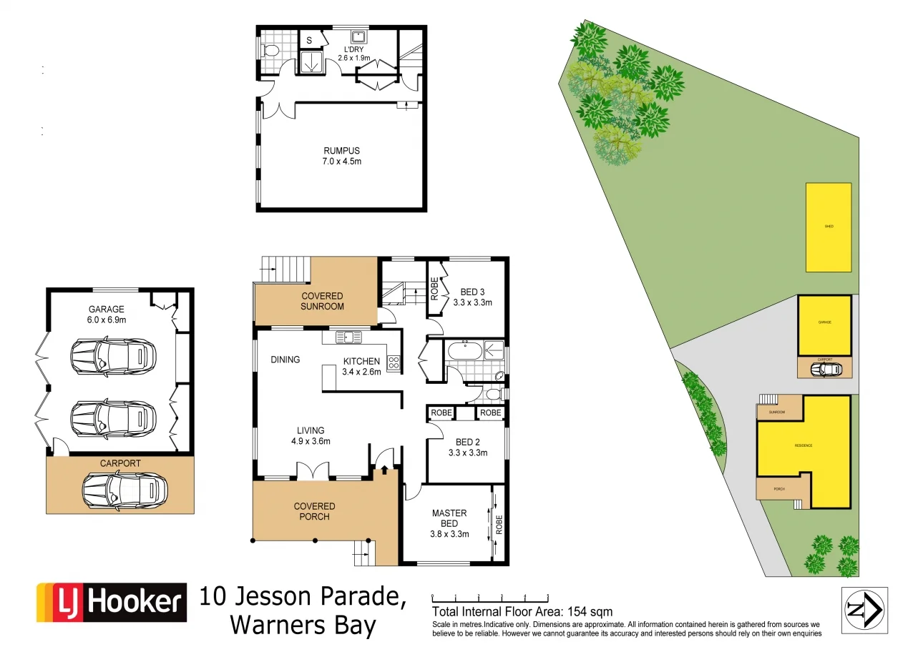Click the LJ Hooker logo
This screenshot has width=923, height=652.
(x=112, y=603)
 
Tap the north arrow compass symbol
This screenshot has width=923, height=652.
(x=864, y=610)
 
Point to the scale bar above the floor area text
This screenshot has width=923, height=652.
(x=489, y=596)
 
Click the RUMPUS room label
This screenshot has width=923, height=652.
(x=341, y=156)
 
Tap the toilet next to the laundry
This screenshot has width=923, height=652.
(x=270, y=51)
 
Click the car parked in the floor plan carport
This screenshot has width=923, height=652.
(x=124, y=490)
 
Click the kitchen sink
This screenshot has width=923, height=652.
(x=346, y=336)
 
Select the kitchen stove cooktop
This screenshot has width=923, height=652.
(x=394, y=362)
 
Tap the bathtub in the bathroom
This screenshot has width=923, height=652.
(x=464, y=350)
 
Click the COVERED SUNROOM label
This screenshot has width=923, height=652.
(x=322, y=301)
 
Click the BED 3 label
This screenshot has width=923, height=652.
(x=472, y=297)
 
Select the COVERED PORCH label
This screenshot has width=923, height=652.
(x=314, y=511)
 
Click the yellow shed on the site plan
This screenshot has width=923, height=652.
(x=829, y=227)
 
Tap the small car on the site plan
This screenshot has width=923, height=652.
(x=829, y=369)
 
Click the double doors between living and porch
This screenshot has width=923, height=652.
(x=313, y=470)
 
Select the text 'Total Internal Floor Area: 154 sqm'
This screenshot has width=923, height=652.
(x=522, y=611)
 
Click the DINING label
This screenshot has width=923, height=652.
(x=285, y=360)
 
